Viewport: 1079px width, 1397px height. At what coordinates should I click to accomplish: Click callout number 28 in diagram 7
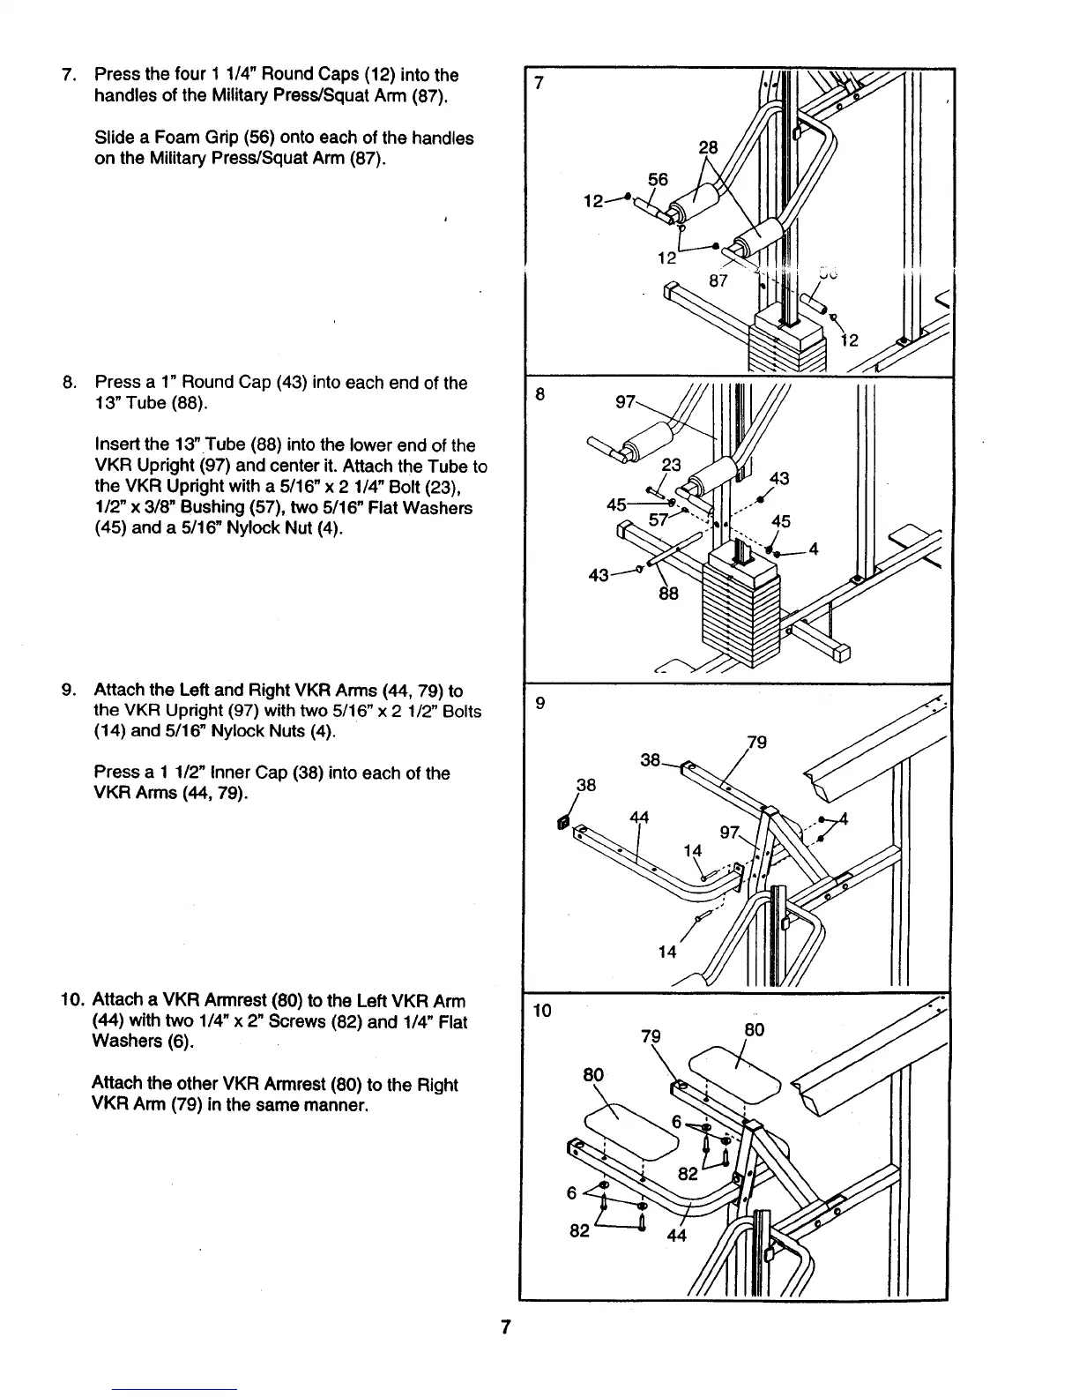(x=709, y=147)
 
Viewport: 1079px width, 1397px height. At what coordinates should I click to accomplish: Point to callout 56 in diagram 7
(x=659, y=180)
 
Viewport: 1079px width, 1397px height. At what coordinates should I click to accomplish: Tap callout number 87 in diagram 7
(x=718, y=280)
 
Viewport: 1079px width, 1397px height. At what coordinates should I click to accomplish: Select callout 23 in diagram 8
(x=672, y=464)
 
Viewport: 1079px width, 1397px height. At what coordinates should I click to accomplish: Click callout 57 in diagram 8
(x=659, y=519)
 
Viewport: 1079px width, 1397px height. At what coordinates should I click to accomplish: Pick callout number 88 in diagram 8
(x=669, y=594)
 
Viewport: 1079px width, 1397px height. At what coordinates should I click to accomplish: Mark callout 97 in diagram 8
(x=625, y=402)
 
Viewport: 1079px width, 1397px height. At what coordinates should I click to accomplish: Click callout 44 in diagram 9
(x=639, y=817)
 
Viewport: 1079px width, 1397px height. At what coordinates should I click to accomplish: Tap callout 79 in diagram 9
(x=757, y=742)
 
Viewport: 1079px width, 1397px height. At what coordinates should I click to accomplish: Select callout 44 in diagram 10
(x=677, y=1235)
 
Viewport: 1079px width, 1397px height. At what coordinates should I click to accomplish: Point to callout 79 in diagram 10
(x=651, y=1037)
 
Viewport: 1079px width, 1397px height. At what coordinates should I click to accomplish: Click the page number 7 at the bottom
(x=506, y=1326)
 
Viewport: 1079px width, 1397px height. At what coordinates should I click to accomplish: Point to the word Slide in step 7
(x=115, y=138)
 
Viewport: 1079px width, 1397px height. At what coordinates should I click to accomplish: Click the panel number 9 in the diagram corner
(x=540, y=703)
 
